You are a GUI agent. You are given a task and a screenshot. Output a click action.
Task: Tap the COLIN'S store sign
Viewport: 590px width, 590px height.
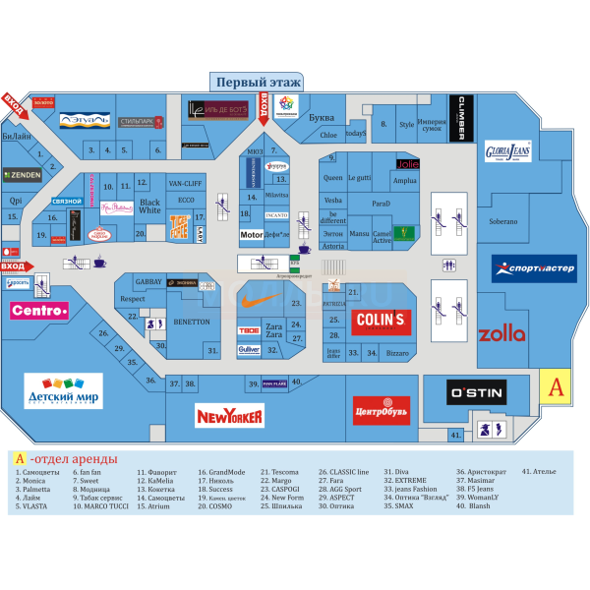382,322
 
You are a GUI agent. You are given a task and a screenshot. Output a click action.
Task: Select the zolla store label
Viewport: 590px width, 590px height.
501,334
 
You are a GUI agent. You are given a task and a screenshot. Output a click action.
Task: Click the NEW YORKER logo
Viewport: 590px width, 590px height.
230,416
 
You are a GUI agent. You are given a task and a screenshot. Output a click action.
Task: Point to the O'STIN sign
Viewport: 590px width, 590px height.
476,393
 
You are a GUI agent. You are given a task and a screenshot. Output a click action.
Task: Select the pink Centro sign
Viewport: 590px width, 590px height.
39,312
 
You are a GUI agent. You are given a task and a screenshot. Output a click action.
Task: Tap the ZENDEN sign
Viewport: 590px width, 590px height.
22,176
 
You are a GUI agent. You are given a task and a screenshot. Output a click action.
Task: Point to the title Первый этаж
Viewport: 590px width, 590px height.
258,83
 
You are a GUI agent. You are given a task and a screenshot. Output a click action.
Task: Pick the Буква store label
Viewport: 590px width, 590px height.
321,118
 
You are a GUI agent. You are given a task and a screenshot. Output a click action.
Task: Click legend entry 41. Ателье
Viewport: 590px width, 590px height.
539,472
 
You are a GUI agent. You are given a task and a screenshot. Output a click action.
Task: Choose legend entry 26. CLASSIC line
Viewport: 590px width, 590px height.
344,472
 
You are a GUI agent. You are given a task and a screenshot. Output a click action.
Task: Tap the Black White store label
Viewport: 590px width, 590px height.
149,206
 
